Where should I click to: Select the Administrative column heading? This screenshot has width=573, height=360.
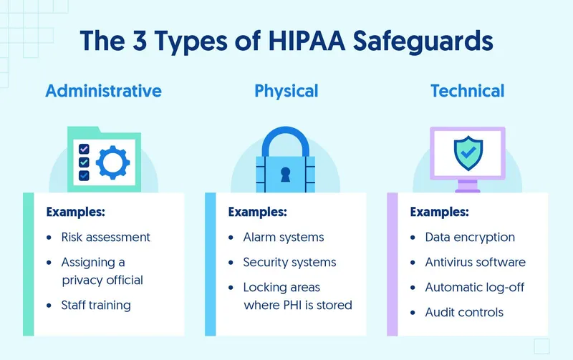coord(104,92)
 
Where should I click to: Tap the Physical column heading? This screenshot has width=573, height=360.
coord(286,92)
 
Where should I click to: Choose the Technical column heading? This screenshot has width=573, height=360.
coord(467,92)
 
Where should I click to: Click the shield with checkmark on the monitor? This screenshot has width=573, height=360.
coord(468,152)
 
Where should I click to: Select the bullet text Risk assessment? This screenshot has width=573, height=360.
coord(105,237)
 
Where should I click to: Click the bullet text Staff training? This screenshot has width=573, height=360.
coord(96,305)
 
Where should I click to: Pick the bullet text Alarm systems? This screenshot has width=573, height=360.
coord(284,237)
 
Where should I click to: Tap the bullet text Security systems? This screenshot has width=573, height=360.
coord(289,263)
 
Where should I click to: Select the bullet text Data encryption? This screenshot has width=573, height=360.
coord(470,237)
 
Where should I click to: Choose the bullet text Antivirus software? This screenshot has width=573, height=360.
coord(475,263)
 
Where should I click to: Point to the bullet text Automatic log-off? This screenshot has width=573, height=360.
coord(475,287)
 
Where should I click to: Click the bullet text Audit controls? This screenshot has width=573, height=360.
coord(464,312)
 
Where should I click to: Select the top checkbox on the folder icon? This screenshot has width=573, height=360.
coord(84,149)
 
